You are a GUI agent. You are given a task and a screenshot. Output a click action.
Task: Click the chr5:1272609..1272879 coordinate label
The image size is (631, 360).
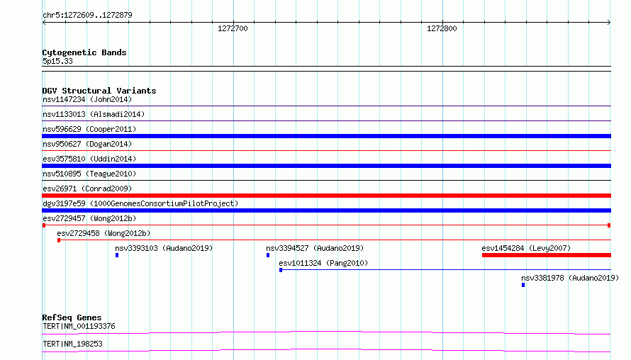tap(87, 15)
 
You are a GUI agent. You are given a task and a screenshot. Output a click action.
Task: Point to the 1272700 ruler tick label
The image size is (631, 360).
tap(233, 28)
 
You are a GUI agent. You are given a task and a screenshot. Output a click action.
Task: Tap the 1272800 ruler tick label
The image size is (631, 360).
tap(442, 28)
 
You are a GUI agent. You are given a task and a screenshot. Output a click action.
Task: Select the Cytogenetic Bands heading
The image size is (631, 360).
tap(84, 52)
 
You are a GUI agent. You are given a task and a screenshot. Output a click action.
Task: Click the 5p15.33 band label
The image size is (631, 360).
tap(57, 61)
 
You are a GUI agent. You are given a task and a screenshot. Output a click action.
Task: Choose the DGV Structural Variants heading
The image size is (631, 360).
tap(99, 91)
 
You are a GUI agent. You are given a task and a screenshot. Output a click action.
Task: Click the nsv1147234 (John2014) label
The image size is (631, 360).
tap(87, 99)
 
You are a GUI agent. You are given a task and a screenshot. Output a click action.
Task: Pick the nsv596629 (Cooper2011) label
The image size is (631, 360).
tap(89, 129)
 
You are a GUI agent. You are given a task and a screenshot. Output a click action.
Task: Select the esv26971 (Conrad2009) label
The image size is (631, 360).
tap(87, 189)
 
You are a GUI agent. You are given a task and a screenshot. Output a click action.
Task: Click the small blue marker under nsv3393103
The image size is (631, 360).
tap(117, 255)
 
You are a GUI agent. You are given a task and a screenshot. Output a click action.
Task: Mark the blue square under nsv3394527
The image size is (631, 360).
tap(268, 255)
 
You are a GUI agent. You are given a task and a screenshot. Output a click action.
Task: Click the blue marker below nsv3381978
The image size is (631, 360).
tap(523, 285)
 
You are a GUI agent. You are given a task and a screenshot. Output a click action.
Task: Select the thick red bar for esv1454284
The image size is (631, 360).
tap(547, 255)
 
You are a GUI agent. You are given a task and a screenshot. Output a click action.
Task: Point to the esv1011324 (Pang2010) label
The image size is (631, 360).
tap(323, 263)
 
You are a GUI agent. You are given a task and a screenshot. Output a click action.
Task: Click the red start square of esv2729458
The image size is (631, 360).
tap(59, 240)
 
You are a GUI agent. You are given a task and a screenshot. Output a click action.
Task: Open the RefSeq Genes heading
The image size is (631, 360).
tap(72, 317)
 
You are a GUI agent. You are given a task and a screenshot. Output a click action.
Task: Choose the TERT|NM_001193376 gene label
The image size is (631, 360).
tap(79, 326)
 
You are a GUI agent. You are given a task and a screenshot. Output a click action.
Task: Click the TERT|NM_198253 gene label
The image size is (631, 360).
tap(72, 344)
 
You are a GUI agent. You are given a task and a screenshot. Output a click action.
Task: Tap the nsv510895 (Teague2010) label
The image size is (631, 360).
tap(89, 174)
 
